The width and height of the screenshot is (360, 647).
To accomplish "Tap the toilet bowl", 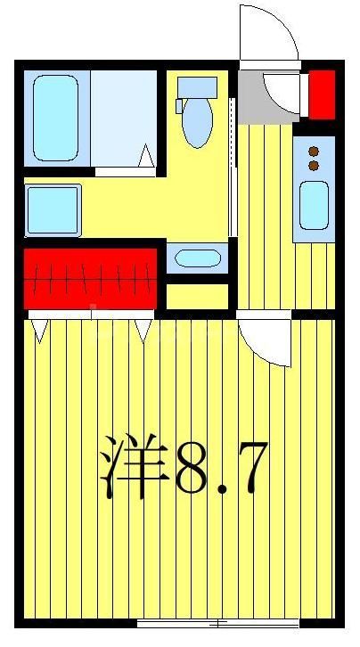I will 196,125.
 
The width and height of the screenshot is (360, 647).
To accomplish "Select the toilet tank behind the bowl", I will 197,87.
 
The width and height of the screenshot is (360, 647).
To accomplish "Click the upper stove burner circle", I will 314,151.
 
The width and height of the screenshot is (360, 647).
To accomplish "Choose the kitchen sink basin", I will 315,204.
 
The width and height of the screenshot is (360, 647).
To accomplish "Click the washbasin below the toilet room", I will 197,259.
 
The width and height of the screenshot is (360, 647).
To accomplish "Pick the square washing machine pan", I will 53,209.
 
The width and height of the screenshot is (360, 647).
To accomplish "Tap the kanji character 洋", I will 134,463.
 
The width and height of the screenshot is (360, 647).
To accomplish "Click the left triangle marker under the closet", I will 39,331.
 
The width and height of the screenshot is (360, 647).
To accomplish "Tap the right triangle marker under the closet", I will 143,331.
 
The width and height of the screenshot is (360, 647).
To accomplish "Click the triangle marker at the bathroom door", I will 146,159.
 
